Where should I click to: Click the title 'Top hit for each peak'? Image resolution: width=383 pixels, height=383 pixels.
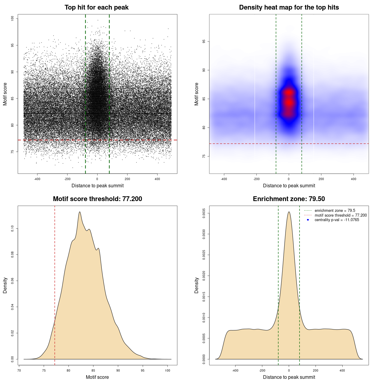coord(97,7)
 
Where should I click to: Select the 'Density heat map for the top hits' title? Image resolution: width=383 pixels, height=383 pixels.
coord(289,7)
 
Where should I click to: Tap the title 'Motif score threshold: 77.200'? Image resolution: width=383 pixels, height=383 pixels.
coord(97,199)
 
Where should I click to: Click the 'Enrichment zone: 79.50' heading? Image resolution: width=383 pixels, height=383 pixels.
coord(289,199)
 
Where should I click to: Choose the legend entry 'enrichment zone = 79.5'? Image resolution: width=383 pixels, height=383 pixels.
coord(335,211)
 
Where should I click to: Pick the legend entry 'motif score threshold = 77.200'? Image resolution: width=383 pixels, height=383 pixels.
coord(341,215)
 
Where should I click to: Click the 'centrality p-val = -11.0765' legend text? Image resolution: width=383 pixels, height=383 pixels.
coord(337,220)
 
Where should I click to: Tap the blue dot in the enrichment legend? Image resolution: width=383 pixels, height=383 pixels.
coord(308,220)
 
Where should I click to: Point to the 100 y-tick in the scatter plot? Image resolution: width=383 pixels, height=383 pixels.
coord(13,19)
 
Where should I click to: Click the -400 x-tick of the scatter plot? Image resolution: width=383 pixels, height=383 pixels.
coord(37,179)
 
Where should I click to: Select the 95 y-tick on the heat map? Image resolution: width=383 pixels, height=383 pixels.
coord(204,41)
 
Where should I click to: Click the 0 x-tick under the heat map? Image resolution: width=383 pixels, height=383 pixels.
coord(289,179)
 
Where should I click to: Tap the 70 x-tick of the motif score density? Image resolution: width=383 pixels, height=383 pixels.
coord(19,370)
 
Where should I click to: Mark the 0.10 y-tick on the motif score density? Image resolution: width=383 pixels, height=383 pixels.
coord(13,229)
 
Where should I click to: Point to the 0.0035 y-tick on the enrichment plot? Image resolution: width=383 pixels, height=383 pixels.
coord(204,213)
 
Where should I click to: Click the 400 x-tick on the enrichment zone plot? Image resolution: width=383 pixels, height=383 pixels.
coord(342,370)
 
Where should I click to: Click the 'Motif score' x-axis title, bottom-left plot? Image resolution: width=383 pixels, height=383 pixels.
coord(97,377)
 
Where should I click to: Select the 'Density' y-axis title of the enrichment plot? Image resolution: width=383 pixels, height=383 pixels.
coord(197,285)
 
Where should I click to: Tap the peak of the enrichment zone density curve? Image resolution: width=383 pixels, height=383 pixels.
coord(289,212)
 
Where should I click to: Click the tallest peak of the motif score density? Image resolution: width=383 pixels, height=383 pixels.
coord(80,212)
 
